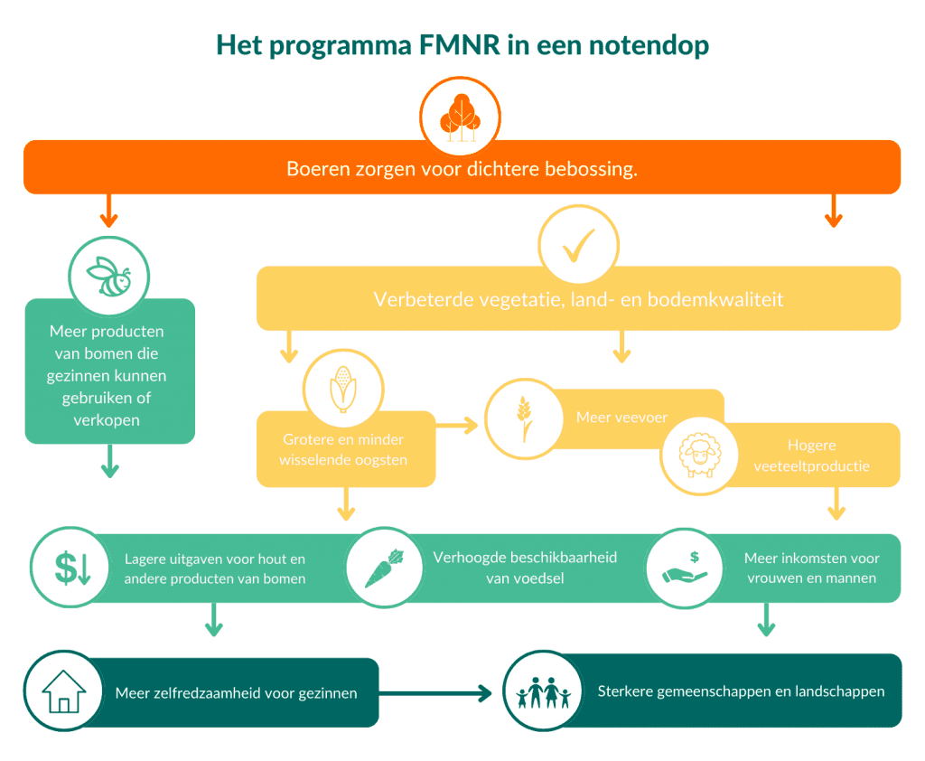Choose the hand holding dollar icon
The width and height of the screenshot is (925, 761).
pyautogui.click(x=687, y=566)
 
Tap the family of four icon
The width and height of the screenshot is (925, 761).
pyautogui.click(x=543, y=692)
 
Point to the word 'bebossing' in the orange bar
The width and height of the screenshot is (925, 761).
pyautogui.click(x=592, y=169)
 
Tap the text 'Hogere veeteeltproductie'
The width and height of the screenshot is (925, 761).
pyautogui.click(x=810, y=456)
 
